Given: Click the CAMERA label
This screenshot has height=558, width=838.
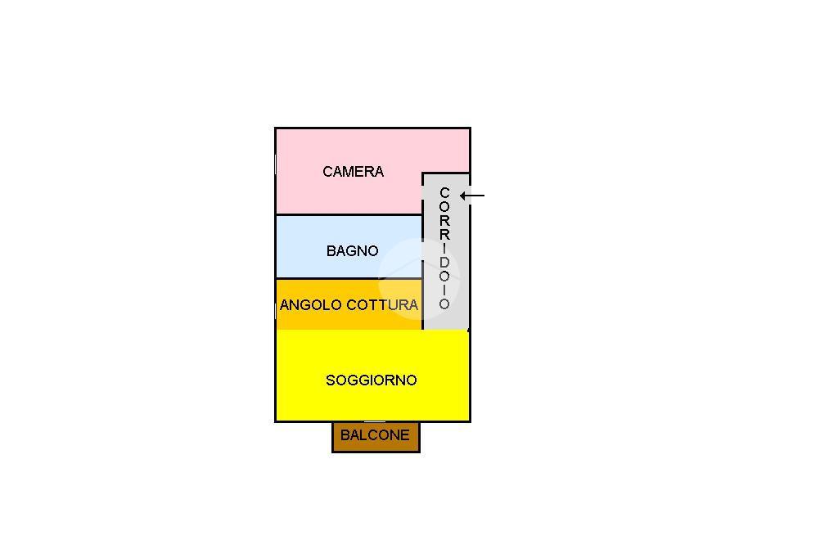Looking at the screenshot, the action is (x=353, y=172).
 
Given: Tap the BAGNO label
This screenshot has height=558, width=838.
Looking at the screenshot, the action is (x=352, y=251).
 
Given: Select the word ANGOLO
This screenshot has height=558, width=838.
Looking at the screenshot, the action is (x=311, y=305).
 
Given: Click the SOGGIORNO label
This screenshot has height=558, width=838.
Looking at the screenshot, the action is (x=372, y=380).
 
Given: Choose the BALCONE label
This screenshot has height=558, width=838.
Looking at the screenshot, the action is (x=375, y=435).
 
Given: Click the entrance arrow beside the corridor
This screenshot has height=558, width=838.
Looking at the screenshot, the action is (x=473, y=196).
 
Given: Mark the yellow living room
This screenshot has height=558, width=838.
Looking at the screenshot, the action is (x=372, y=401).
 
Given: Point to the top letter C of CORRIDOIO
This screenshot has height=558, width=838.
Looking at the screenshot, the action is (x=444, y=193).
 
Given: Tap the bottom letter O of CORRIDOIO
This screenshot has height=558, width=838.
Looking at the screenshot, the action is (x=444, y=304).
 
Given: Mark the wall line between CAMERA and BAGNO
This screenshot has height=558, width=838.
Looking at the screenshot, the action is (x=348, y=214).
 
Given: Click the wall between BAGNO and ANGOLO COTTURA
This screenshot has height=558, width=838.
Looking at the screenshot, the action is (x=348, y=278).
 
